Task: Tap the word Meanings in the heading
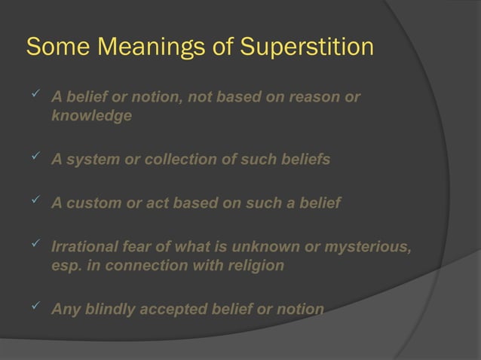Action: coord(149,47)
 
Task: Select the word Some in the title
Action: coord(55,47)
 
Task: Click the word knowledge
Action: coord(91,117)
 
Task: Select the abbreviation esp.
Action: coord(66,267)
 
